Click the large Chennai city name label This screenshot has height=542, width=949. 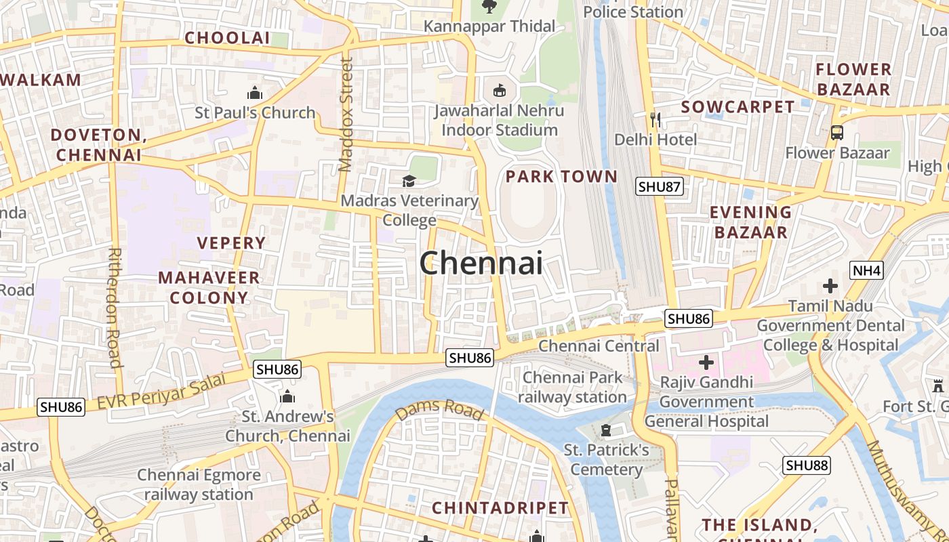tap(481, 263)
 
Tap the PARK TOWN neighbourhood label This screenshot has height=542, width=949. tap(562, 177)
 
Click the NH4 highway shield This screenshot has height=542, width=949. tap(867, 271)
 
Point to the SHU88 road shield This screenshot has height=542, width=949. tap(807, 465)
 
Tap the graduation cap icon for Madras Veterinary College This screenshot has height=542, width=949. tap(409, 181)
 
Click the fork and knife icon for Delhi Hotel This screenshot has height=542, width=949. tap(655, 120)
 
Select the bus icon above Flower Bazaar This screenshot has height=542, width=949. tap(837, 133)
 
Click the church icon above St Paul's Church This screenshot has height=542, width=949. tap(255, 93)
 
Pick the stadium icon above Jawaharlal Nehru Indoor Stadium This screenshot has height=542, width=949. tap(499, 90)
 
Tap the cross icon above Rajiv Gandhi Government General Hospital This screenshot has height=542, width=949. tap(706, 362)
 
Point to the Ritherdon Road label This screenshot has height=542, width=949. tap(115, 307)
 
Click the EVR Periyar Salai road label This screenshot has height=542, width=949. tap(161, 392)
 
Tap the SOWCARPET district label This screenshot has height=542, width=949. tap(738, 107)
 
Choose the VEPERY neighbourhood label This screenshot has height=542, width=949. tap(231, 243)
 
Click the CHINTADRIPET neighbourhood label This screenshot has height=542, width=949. tap(500, 507)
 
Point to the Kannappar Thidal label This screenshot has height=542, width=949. tap(489, 26)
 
